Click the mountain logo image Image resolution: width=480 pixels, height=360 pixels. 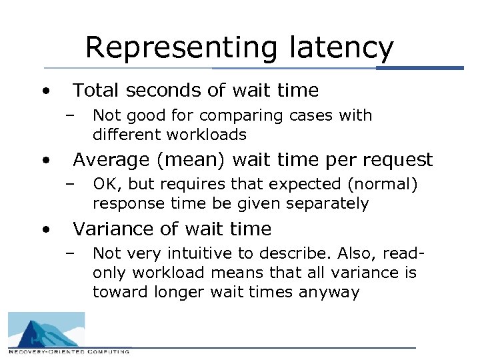tap(46, 329)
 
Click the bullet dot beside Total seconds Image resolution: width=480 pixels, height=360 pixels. tap(45, 91)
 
